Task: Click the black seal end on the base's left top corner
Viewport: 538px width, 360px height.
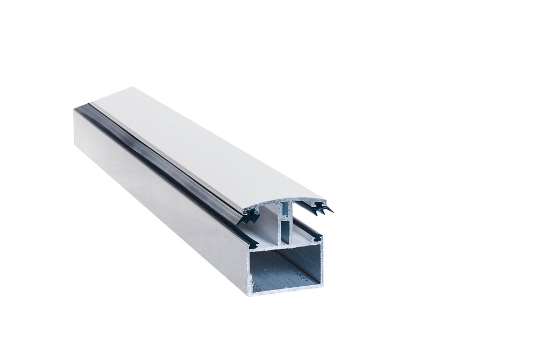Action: [251, 243]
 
